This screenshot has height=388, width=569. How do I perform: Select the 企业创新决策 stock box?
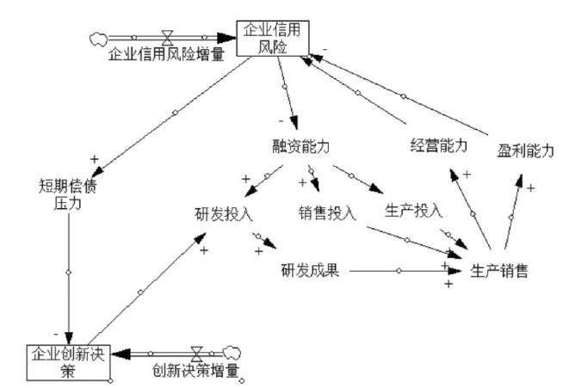(x=58, y=360)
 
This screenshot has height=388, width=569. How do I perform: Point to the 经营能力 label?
(x=438, y=145)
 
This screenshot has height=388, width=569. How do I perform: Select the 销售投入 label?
(x=327, y=212)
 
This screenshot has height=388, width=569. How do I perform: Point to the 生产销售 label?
(x=499, y=271)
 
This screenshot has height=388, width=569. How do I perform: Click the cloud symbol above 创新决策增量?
(x=230, y=352)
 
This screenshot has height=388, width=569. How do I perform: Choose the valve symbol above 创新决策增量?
(x=197, y=352)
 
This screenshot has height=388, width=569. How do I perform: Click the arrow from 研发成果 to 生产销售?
(x=399, y=271)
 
